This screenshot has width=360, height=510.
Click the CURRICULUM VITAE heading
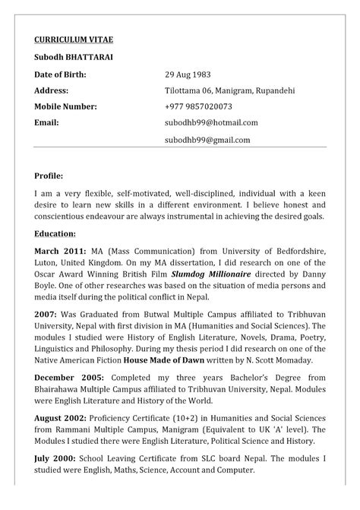[x=74, y=40]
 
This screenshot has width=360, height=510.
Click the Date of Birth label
[x=60, y=74]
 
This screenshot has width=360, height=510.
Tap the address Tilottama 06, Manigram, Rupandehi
[x=229, y=90]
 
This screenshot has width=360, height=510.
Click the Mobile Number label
[x=65, y=106]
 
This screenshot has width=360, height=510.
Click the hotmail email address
[x=211, y=122]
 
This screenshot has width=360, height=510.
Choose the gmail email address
[x=207, y=140]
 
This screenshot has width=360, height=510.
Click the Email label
[x=46, y=122]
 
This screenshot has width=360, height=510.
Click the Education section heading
[x=55, y=233]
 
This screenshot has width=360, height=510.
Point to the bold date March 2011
[x=58, y=250]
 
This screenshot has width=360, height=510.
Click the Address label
[x=51, y=90]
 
